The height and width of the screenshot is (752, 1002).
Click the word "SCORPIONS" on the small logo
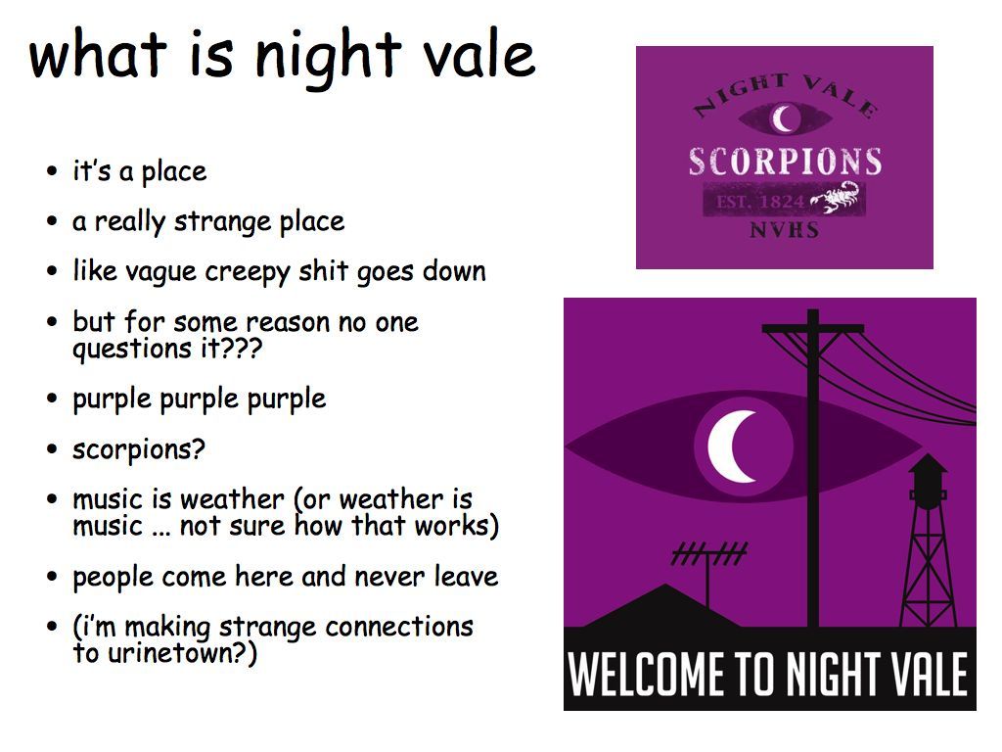(x=786, y=162)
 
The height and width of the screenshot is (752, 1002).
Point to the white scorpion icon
(x=838, y=196)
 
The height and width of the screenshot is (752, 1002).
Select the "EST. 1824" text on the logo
(x=759, y=202)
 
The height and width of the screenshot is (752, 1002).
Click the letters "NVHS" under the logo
(x=784, y=229)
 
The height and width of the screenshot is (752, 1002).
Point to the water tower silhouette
(x=929, y=540)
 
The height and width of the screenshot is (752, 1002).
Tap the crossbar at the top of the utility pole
(x=813, y=329)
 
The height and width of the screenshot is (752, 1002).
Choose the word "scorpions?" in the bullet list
(x=139, y=449)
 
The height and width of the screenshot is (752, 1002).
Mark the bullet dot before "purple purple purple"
(x=53, y=399)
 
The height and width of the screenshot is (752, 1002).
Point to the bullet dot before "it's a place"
(x=53, y=171)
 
